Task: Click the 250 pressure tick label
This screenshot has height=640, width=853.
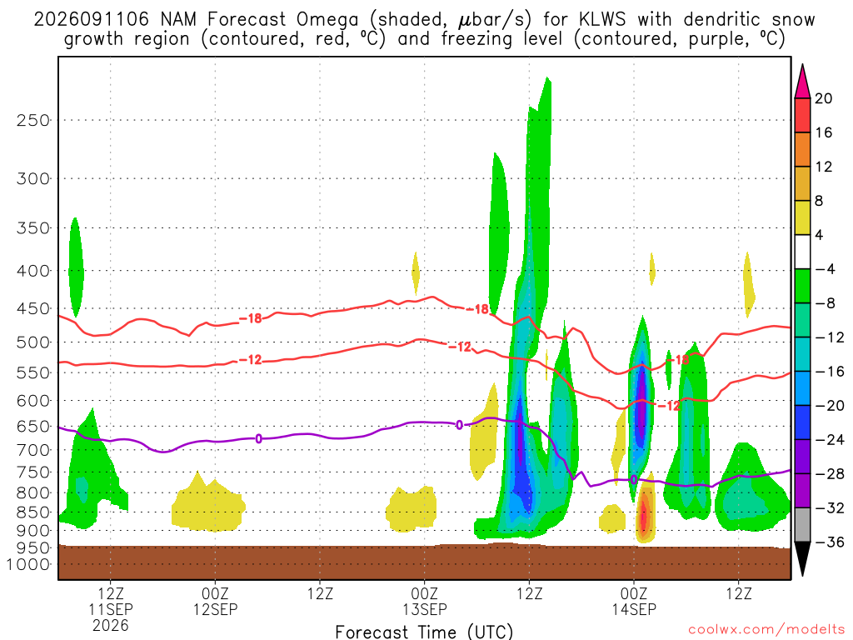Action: [32, 120]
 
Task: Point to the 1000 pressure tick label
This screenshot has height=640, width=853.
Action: [28, 564]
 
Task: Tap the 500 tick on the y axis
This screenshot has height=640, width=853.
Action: [32, 342]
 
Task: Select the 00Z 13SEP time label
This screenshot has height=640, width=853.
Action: [424, 601]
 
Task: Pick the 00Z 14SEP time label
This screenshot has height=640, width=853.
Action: [634, 601]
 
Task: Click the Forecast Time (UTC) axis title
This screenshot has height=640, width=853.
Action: [424, 632]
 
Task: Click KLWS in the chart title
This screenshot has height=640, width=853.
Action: [602, 20]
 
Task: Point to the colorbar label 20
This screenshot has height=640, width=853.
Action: [824, 98]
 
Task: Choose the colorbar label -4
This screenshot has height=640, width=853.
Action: [825, 269]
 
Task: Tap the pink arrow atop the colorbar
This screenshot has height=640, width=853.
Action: [802, 82]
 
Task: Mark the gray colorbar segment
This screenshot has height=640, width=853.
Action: [802, 525]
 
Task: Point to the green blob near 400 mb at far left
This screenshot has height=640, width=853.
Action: [76, 267]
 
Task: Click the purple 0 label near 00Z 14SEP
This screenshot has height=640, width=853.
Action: [634, 480]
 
